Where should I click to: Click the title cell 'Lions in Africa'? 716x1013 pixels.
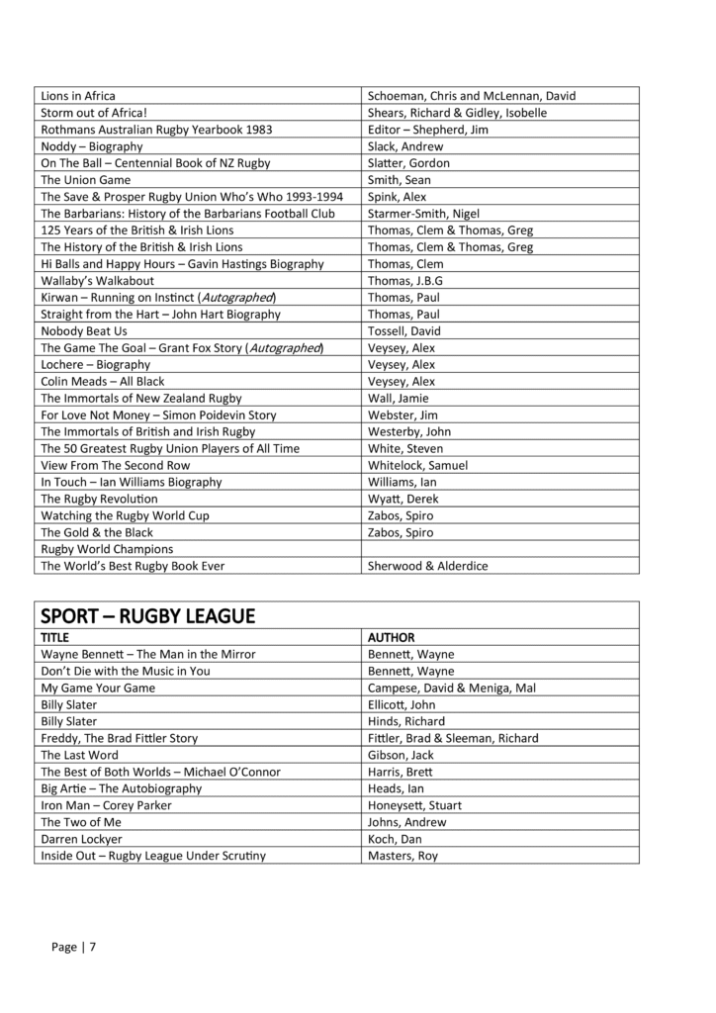tap(78, 96)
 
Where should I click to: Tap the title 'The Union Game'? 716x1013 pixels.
tap(85, 180)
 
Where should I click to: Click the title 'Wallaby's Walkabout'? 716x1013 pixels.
tap(97, 281)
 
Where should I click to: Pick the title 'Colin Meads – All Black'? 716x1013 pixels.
tap(103, 382)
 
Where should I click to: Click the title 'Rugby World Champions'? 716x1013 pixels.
tap(107, 549)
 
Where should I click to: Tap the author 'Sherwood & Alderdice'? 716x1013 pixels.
tap(427, 566)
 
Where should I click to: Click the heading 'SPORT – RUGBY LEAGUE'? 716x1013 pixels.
tap(147, 616)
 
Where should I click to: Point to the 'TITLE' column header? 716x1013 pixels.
tap(56, 638)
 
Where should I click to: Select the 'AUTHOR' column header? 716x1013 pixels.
tap(391, 638)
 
